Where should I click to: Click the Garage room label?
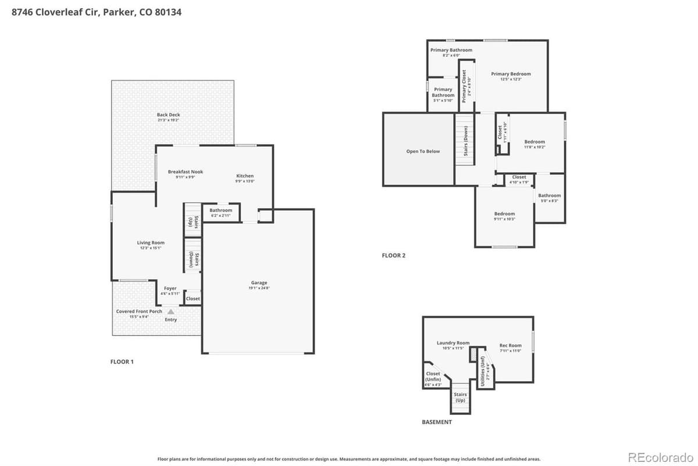259,283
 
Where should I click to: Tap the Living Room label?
151,243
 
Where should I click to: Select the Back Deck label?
168,115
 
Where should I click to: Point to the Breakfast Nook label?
185,172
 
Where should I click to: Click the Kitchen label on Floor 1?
244,176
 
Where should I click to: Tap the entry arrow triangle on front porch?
171,312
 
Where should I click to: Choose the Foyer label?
170,288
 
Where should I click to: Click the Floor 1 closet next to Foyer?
193,298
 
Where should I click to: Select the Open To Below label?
423,151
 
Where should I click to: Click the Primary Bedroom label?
511,74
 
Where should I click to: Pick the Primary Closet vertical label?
464,86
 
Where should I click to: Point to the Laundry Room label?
453,343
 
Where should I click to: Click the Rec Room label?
510,345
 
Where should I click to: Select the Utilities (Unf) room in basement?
483,368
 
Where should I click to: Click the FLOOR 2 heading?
393,255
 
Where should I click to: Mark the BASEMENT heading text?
436,422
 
